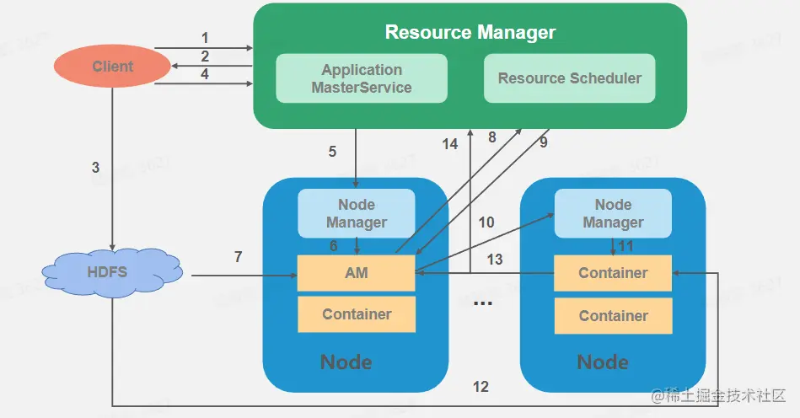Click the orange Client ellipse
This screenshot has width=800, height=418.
coord(112,67)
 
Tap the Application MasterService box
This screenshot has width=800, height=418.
coord(362,78)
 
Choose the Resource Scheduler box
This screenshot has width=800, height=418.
coord(569,78)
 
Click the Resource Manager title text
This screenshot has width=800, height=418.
coord(470,33)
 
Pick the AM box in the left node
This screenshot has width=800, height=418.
coord(356,272)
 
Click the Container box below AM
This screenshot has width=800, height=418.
coord(357,314)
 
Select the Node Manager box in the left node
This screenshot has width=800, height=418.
coord(357,213)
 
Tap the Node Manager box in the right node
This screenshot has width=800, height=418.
coord(613,213)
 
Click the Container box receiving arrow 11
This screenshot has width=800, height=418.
coord(613,273)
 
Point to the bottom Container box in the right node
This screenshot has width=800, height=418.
coord(613,316)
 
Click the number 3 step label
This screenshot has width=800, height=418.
coord(95,168)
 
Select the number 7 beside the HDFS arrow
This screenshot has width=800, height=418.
coord(239,257)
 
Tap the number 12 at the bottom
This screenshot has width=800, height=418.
coord(481,387)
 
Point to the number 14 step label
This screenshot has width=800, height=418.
coord(450,144)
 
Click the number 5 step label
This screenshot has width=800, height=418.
coord(333,152)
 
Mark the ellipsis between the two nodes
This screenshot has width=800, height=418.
coord(482,303)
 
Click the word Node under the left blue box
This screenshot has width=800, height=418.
coord(346,362)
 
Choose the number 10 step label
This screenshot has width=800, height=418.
coord(486,222)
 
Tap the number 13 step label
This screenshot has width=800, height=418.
coord(495,260)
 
